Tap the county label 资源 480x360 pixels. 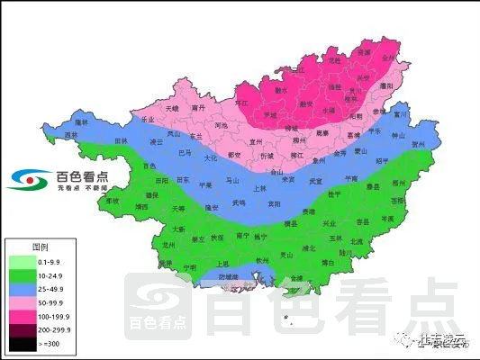pos(363,53)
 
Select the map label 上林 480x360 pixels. pos(259,189)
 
